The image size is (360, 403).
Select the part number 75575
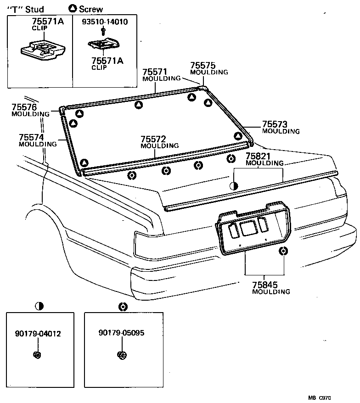pyautogui.click(x=203, y=66)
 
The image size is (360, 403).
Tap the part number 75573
pyautogui.click(x=275, y=124)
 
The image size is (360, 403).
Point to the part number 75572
pyautogui.click(x=153, y=139)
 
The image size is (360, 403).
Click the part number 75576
pyautogui.click(x=24, y=107)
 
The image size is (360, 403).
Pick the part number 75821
pyautogui.click(x=258, y=157)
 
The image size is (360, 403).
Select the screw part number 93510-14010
pyautogui.click(x=105, y=22)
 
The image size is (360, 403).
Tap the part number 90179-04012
pyautogui.click(x=38, y=334)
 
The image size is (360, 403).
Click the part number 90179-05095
pyautogui.click(x=121, y=333)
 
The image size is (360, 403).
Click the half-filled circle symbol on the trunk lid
pyautogui.click(x=234, y=185)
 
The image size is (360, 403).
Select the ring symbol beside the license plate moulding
pyautogui.click(x=284, y=250)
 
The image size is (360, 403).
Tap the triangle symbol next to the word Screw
pyautogui.click(x=73, y=8)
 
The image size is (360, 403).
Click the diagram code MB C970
pyautogui.click(x=320, y=398)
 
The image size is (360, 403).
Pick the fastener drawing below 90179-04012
pyautogui.click(x=38, y=354)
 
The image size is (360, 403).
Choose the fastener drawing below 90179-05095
pyautogui.click(x=121, y=355)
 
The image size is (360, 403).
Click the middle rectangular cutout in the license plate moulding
pyautogui.click(x=248, y=228)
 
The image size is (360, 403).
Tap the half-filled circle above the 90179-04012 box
pyautogui.click(x=39, y=306)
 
